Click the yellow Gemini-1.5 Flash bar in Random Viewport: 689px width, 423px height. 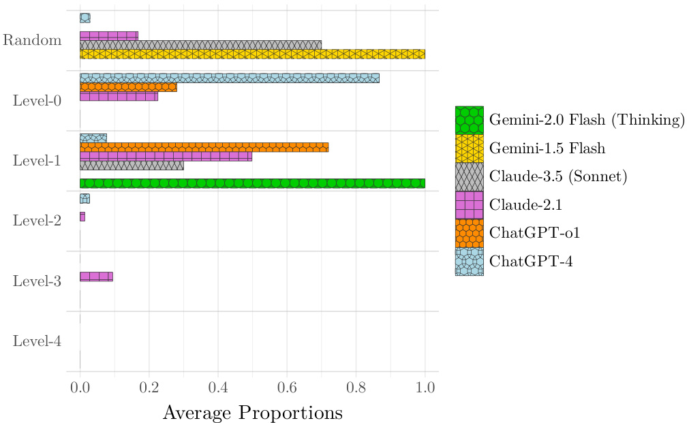(252, 54)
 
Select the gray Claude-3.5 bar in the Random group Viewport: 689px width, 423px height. (200, 45)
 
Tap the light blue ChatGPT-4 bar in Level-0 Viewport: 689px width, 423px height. (229, 78)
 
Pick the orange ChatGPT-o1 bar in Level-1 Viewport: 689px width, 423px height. (204, 147)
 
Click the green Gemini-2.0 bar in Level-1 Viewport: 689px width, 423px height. (252, 183)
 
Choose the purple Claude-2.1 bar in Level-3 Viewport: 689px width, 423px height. (96, 277)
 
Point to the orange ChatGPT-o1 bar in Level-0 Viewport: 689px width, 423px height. (128, 87)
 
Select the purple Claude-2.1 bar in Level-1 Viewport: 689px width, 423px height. (166, 156)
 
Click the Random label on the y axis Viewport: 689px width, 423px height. (32, 40)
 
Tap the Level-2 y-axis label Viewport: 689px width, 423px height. (37, 221)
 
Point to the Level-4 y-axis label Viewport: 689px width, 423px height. (37, 341)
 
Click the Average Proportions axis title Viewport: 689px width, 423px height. (252, 413)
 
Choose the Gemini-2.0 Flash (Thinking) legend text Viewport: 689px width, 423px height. (586, 120)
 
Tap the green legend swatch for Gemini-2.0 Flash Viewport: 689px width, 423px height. (469, 120)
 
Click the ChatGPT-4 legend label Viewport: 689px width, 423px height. (532, 262)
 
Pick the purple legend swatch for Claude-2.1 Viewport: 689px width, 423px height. (469, 205)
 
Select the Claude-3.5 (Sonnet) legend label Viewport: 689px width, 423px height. (557, 176)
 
